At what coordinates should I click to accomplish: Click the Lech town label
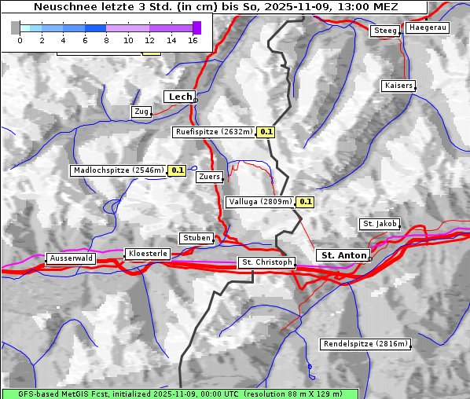point(179,97)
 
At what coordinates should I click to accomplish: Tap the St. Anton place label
point(343,255)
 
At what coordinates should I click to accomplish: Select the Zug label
point(141,112)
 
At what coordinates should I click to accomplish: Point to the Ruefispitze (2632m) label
point(214,132)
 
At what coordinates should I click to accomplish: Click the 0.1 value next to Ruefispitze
point(266,132)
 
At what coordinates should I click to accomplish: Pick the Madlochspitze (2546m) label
point(118,170)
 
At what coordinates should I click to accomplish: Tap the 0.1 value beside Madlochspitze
point(177,170)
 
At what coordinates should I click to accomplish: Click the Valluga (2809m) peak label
point(260,202)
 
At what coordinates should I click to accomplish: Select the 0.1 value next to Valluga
point(306,202)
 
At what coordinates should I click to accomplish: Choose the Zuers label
point(208,177)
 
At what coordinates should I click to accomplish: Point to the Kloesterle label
point(147,254)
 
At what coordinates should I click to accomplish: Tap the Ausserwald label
point(71,258)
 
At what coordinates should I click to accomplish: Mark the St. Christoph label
point(266,262)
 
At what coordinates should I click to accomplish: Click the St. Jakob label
point(380,224)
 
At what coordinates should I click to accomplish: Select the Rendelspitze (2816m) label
point(365,344)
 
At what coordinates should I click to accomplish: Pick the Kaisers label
point(398,85)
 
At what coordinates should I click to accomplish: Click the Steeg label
point(385,31)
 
